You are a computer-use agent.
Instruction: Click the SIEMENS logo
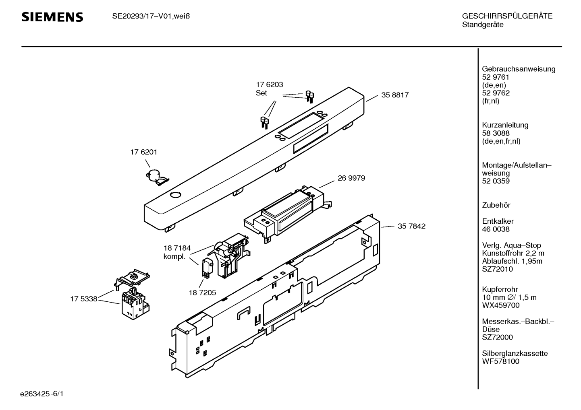52,17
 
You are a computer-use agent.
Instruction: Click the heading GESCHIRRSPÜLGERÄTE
507,16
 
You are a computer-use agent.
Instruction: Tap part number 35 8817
395,95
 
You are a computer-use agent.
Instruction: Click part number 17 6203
270,84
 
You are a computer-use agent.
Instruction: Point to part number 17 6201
144,152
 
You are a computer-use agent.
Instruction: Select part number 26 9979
351,178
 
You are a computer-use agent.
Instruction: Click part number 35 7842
411,226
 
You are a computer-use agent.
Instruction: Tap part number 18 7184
177,248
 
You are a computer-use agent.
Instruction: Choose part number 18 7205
202,293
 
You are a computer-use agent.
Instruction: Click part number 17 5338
84,299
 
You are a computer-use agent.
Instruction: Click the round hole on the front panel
176,195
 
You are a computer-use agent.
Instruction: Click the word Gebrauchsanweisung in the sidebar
519,69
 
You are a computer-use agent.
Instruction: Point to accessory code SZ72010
497,269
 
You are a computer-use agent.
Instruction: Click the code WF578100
500,361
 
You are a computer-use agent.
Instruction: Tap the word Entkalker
498,221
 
